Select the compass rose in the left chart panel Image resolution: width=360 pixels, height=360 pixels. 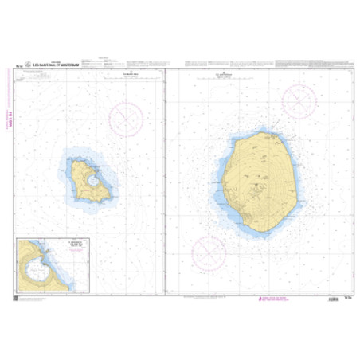point(125,119)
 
